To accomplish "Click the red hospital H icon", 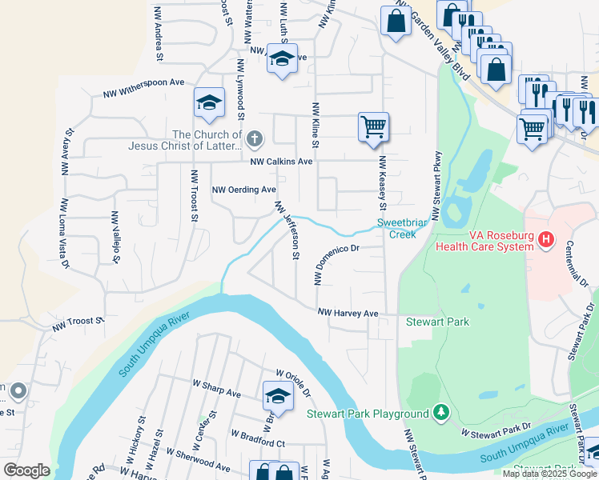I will [x=546, y=238].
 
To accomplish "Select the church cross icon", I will [x=254, y=140].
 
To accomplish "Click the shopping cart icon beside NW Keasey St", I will [x=373, y=126].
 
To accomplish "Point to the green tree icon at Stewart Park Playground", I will [x=440, y=413].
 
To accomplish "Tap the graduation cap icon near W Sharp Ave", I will [x=277, y=394].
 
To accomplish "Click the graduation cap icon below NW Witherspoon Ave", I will [x=209, y=102].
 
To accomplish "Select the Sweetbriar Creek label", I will [x=402, y=228].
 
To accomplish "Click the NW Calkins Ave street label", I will [x=281, y=162].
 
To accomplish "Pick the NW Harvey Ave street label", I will [x=347, y=314].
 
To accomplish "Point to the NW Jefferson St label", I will [x=287, y=230].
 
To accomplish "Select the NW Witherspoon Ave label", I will [x=144, y=88].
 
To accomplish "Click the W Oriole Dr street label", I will [x=292, y=382].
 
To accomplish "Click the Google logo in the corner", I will [x=26, y=470].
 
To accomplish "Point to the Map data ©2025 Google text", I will [x=549, y=474].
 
